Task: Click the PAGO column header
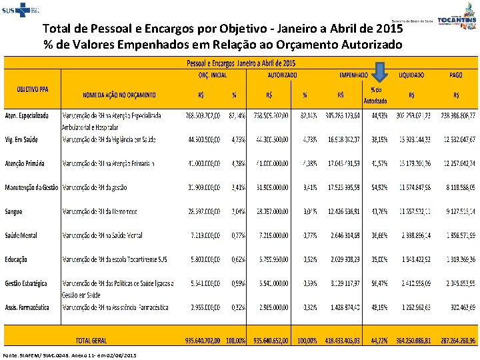click(456, 75)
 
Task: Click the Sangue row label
click(13, 211)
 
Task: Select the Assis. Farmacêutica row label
click(27, 307)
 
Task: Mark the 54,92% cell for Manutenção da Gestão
click(379, 187)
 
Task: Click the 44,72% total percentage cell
click(379, 340)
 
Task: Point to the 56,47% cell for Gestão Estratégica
click(379, 283)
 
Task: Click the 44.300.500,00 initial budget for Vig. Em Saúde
click(203, 139)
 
